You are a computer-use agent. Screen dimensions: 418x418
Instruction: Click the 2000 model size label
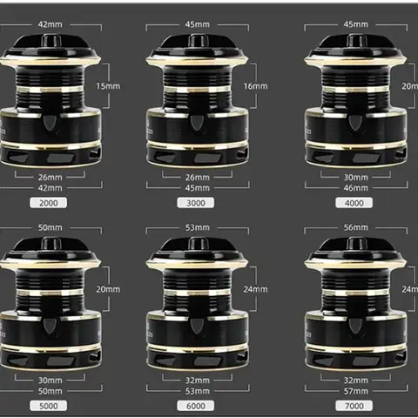click(50, 202)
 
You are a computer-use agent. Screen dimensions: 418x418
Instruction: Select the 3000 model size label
click(196, 202)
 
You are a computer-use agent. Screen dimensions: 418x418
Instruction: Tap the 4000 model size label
click(355, 202)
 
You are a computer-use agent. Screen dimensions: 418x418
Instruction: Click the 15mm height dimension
click(107, 86)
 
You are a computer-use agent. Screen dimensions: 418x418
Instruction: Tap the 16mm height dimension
click(255, 86)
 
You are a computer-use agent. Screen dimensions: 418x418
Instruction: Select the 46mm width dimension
click(355, 187)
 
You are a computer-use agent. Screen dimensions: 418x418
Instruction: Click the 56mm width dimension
click(355, 228)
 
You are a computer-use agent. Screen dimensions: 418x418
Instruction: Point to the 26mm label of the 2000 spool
click(50, 177)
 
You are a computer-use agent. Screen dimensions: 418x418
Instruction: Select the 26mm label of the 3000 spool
click(198, 177)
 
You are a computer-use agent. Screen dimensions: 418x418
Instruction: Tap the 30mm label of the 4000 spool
click(355, 177)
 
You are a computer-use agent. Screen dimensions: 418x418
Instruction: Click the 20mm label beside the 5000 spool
click(107, 289)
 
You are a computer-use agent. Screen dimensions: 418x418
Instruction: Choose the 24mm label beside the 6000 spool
click(255, 289)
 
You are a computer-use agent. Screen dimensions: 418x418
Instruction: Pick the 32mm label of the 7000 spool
click(355, 381)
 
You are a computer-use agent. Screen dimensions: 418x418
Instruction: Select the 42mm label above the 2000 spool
click(50, 25)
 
